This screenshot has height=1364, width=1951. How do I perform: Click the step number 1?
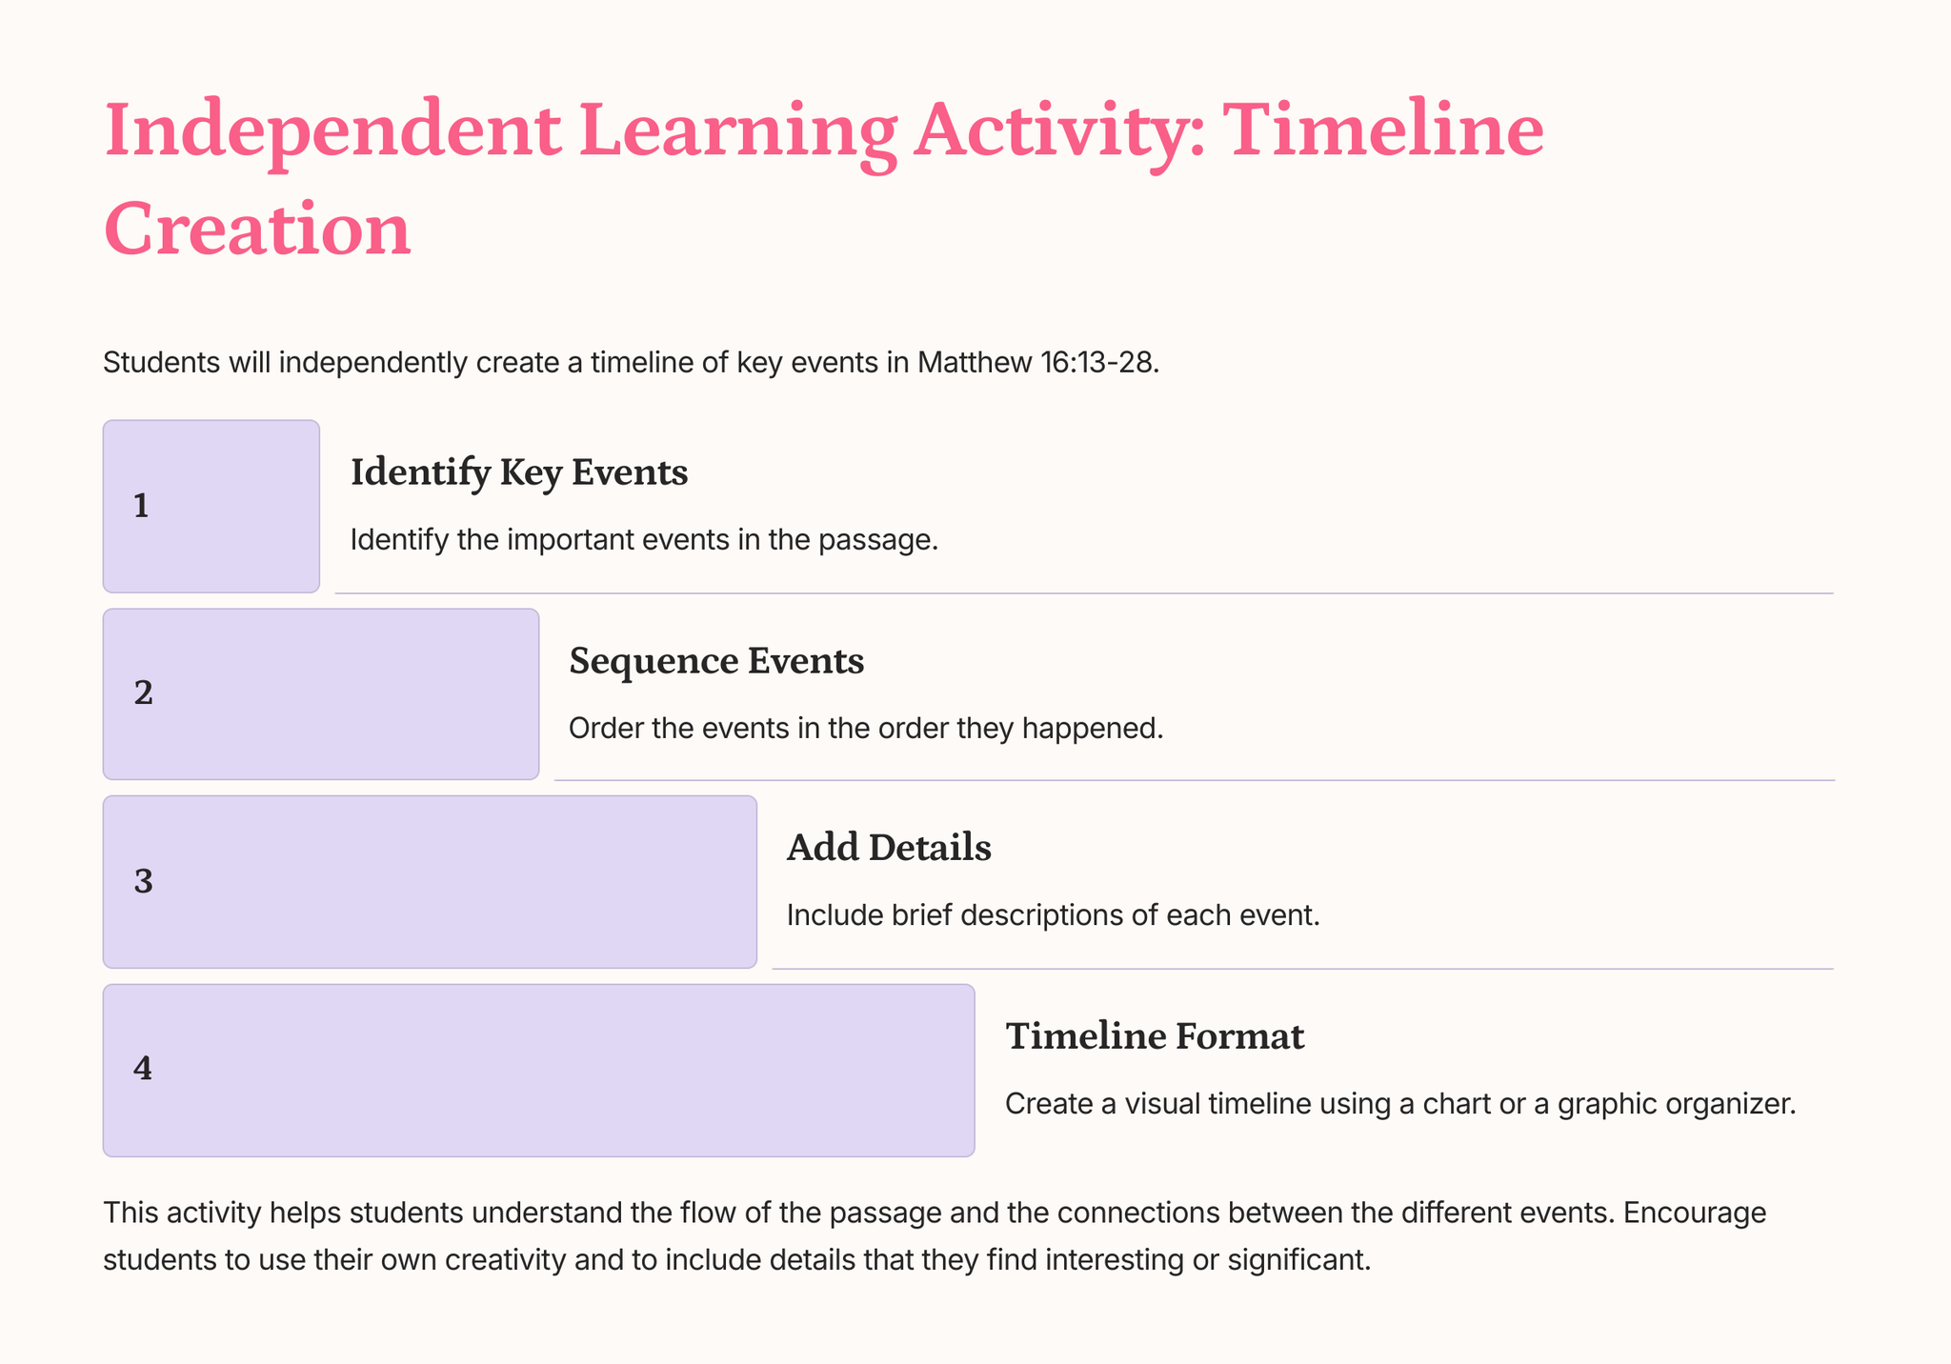pyautogui.click(x=141, y=507)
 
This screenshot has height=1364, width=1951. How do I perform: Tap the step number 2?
pyautogui.click(x=143, y=693)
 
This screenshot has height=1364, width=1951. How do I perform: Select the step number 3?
pyautogui.click(x=143, y=882)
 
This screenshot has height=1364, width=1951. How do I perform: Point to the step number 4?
pyautogui.click(x=143, y=1070)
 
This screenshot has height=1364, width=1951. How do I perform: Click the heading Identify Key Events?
pyautogui.click(x=519, y=472)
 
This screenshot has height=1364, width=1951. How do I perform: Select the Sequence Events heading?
pyautogui.click(x=716, y=661)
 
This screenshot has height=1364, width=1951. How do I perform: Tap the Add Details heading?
pyautogui.click(x=889, y=848)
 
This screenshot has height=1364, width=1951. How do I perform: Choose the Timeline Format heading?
pyautogui.click(x=1155, y=1036)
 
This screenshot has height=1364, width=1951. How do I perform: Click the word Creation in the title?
pyautogui.click(x=257, y=230)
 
